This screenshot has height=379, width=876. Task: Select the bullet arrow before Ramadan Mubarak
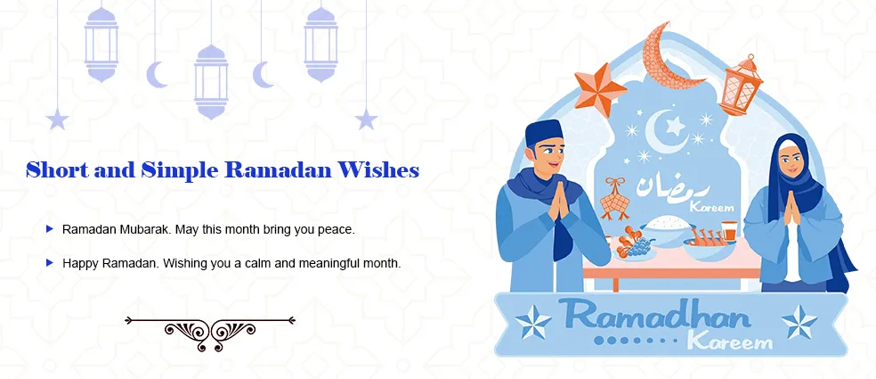[x=49, y=229]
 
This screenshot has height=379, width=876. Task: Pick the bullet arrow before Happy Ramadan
[x=49, y=263]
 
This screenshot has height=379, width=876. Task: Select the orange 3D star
[x=601, y=89]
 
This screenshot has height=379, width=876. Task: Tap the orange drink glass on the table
[x=728, y=231]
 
